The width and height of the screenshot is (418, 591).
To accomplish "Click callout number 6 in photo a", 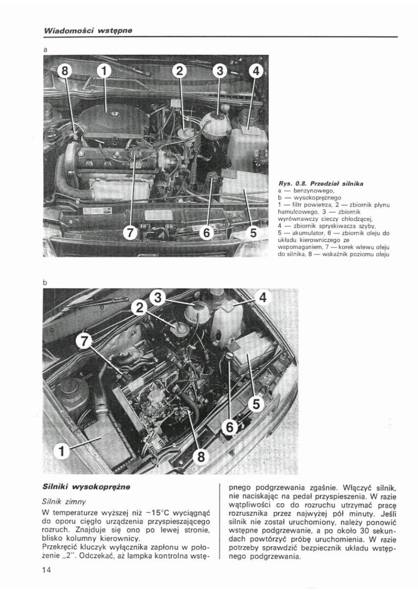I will (207, 232).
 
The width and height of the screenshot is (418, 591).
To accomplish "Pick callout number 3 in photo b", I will (159, 296).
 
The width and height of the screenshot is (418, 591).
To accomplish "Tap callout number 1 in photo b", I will (61, 452).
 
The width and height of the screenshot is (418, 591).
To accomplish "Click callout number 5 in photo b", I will (257, 404).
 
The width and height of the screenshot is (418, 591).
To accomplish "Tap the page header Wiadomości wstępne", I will (87, 30).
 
